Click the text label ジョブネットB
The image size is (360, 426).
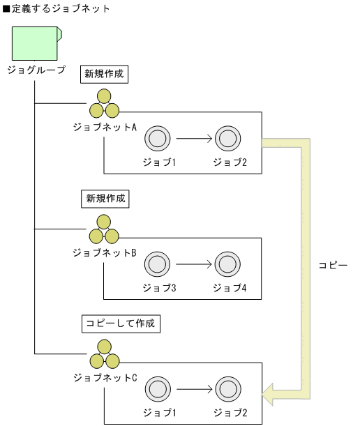click(x=105, y=252)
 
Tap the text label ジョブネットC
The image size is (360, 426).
click(x=105, y=377)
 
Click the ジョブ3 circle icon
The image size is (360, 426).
click(x=156, y=264)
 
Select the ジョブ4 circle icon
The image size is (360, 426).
click(x=227, y=264)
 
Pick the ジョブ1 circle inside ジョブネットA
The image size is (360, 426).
click(x=156, y=139)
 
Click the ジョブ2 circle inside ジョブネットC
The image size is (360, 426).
click(x=227, y=389)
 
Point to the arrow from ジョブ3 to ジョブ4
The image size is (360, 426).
click(x=193, y=264)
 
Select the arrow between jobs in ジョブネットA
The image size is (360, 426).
click(x=193, y=139)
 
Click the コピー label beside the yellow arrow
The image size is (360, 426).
click(x=332, y=266)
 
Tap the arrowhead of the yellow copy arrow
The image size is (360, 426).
click(x=269, y=395)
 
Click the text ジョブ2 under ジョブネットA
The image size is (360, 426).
click(x=230, y=162)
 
